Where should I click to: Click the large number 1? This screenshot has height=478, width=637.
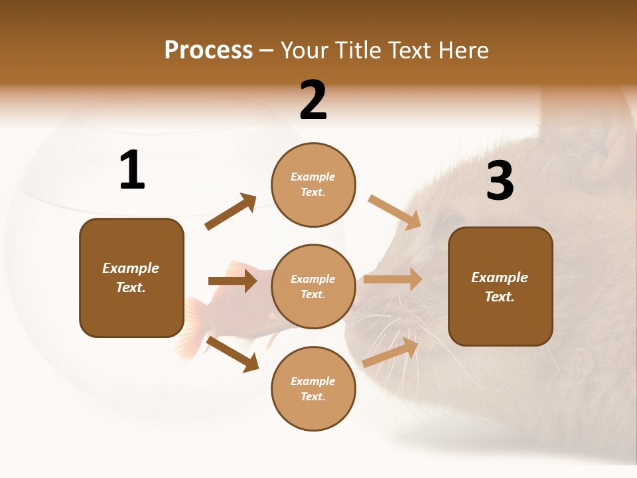(132, 171)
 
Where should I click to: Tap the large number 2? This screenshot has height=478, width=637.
(313, 100)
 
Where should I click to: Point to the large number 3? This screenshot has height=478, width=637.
(500, 181)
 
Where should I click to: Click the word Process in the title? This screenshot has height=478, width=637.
(208, 50)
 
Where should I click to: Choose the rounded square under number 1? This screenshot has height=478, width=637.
(131, 278)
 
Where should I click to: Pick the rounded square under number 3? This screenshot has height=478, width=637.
(500, 287)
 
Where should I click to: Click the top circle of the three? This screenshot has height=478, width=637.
(313, 185)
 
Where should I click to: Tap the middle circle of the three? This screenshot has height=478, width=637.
(313, 287)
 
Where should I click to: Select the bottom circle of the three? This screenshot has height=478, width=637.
(313, 389)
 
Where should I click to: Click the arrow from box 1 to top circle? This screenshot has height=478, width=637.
(231, 212)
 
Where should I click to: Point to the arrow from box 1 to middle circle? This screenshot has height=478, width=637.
(232, 281)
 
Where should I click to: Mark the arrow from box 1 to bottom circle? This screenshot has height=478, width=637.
(232, 354)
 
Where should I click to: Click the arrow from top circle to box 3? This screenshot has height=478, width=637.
(395, 212)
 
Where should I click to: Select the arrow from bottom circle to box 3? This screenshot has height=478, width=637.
(391, 352)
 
